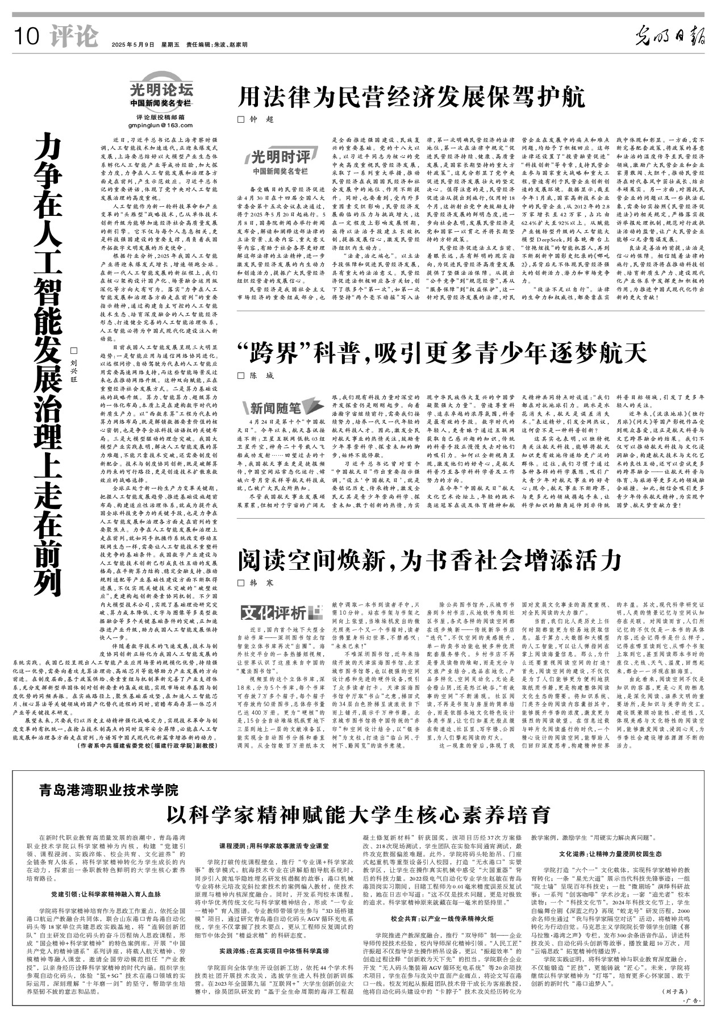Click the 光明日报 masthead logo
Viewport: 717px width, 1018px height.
[670, 38]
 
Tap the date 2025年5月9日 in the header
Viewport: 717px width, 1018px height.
[133, 44]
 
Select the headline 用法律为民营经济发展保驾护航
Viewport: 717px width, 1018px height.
[411, 98]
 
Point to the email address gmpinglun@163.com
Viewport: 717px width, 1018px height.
[161, 126]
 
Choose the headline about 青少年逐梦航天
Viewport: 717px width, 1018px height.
[442, 354]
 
